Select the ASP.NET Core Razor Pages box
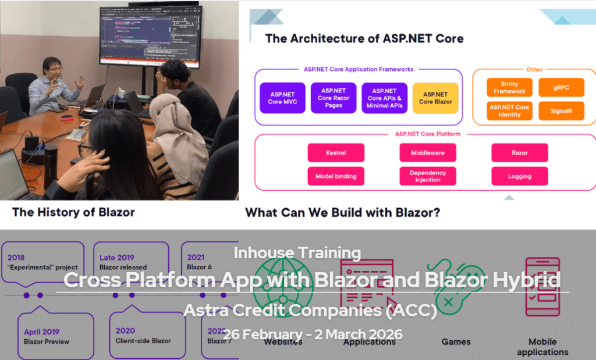point(334,98)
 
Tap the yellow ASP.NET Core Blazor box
point(435,98)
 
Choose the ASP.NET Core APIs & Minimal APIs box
point(384,98)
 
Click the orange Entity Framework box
point(509,87)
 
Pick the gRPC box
point(560,87)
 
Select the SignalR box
point(560,111)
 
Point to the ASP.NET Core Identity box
point(509,111)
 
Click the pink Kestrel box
point(336,152)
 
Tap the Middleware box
point(428,152)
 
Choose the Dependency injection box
point(428,176)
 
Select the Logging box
point(520,176)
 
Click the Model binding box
point(336,176)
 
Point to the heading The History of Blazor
point(73,212)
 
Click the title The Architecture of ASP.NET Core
point(364,39)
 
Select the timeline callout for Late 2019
point(130,262)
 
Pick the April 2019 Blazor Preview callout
point(55,336)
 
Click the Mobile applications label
point(542,347)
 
